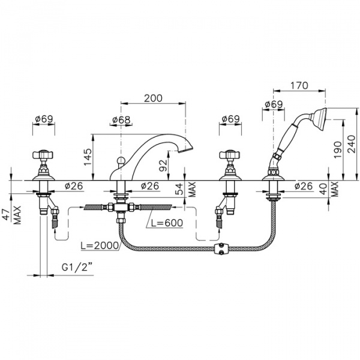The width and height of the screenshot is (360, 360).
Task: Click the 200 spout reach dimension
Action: tap(153, 98)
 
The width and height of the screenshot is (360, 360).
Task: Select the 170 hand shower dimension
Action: tap(299, 85)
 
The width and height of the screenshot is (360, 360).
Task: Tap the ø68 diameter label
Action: tap(121, 119)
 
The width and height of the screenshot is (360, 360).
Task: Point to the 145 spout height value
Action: tap(88, 157)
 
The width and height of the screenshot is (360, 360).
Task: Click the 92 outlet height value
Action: tap(163, 166)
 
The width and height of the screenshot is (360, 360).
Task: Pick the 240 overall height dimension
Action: tap(351, 144)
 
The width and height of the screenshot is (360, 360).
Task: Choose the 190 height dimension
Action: tap(337, 149)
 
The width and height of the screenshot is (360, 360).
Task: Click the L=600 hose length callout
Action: tap(167, 223)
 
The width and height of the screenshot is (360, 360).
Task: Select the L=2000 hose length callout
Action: tap(100, 245)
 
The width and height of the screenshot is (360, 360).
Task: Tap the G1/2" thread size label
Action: tap(77, 268)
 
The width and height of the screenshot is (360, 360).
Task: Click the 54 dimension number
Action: tap(179, 189)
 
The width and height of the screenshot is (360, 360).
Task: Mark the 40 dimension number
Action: tap(323, 188)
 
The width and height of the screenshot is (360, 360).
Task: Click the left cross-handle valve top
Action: tap(43, 155)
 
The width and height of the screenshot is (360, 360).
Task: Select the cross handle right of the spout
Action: tap(230, 155)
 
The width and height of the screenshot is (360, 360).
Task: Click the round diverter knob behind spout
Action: tap(120, 160)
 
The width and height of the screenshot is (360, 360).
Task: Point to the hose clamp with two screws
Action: tap(222, 248)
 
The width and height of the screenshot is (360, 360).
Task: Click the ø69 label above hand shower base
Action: tap(274, 104)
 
